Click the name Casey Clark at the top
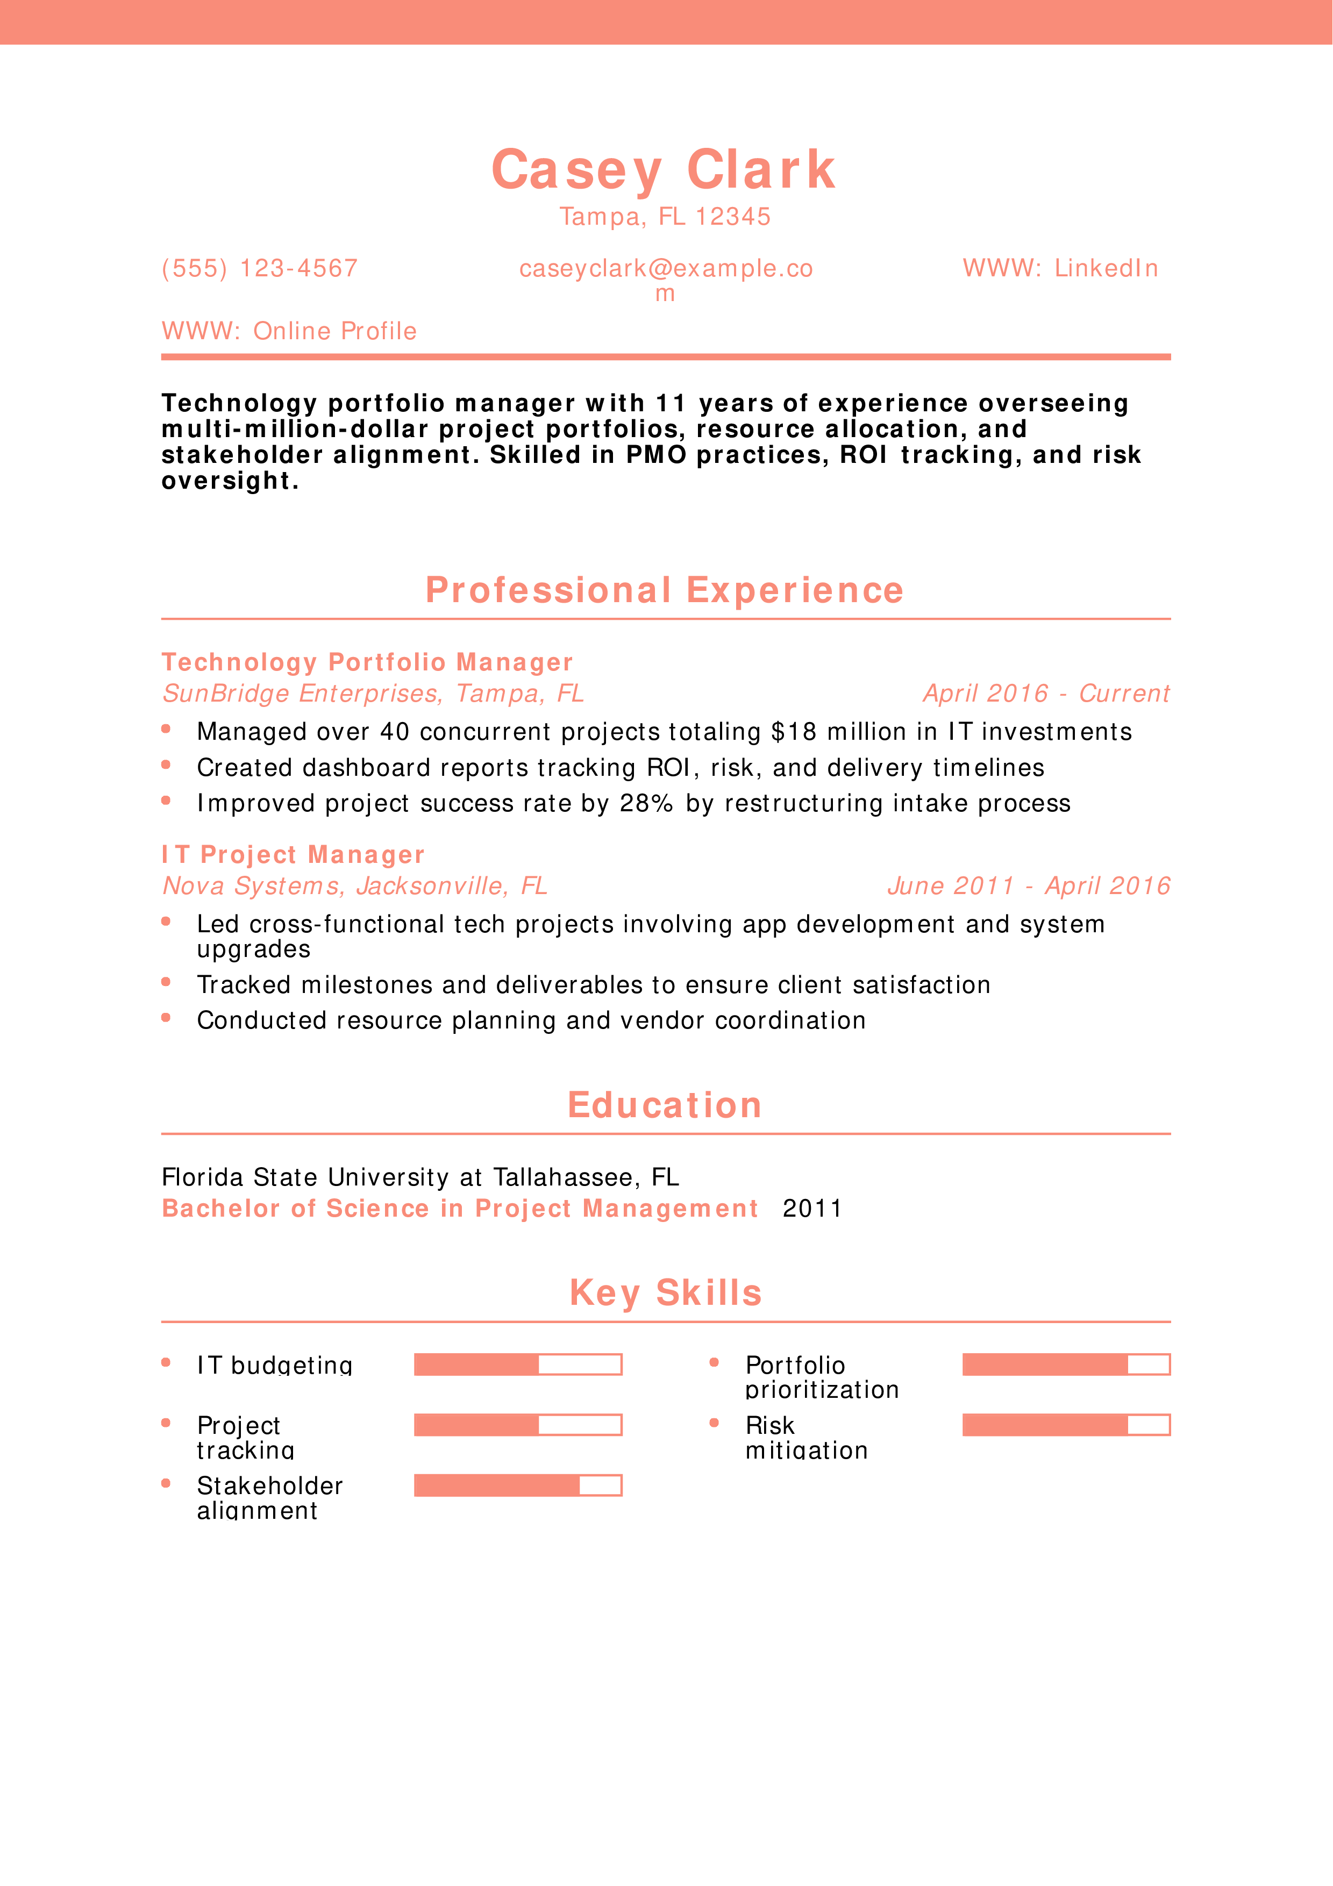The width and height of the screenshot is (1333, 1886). point(664,170)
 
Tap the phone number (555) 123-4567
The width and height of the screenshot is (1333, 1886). point(260,269)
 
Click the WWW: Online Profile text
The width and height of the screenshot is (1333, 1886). point(289,331)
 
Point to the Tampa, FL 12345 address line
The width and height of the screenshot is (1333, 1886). point(665,217)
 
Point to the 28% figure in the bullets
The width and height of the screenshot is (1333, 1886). point(646,803)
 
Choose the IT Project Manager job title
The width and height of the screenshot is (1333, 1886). point(293,855)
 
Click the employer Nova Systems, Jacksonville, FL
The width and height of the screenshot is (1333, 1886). point(355,887)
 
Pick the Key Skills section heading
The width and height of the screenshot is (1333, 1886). point(665,1293)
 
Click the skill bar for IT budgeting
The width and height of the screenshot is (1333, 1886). point(517,1365)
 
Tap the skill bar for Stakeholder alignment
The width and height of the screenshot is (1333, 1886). point(517,1485)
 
